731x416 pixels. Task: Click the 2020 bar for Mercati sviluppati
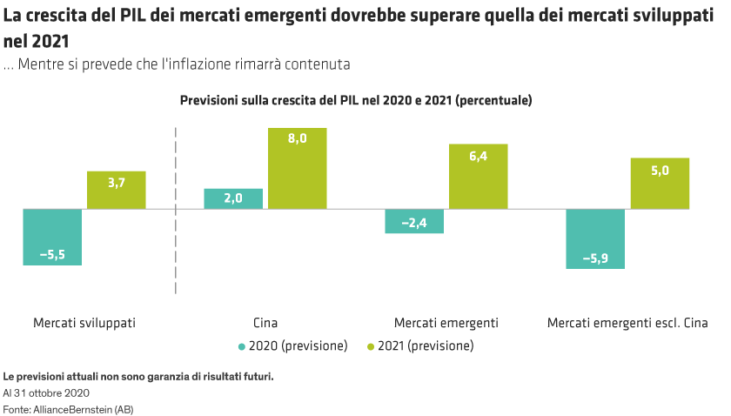pos(52,237)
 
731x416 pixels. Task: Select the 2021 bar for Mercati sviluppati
pos(117,190)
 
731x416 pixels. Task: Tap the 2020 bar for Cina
pos(233,198)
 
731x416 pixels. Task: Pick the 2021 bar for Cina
pos(298,169)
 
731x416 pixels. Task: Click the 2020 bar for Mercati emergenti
pos(414,221)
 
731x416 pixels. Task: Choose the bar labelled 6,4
pos(479,177)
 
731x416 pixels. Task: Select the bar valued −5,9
pos(595,238)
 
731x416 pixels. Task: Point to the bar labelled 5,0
pos(660,184)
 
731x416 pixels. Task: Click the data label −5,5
pos(52,254)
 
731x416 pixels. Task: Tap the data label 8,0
pos(298,138)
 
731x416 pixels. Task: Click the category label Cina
pos(265,323)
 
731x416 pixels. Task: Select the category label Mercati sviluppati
pos(84,323)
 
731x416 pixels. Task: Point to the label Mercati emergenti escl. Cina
pos(627,323)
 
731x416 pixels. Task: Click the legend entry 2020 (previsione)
pos(297,346)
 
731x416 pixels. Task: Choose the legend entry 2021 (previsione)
pos(425,346)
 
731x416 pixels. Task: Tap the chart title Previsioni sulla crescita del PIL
pos(355,101)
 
